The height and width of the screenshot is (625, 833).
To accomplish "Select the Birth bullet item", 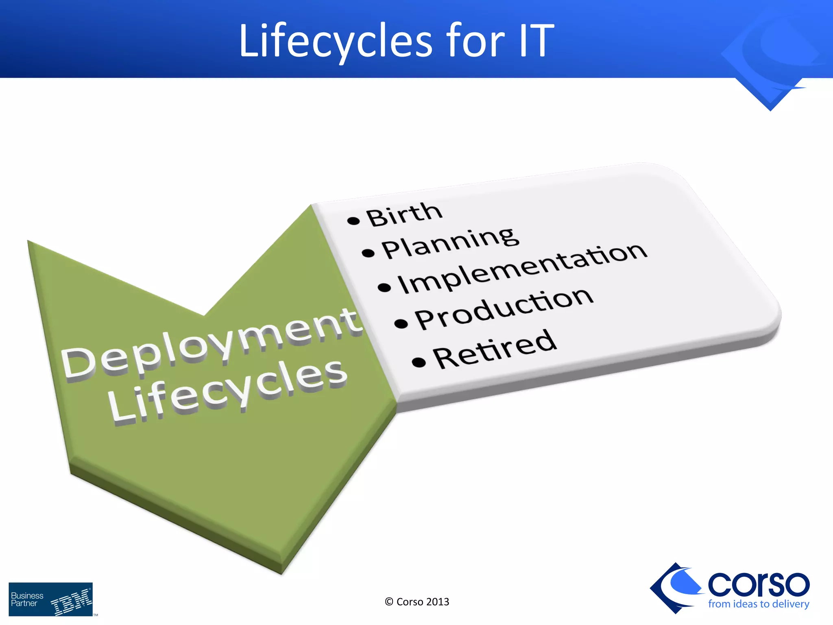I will click(403, 214).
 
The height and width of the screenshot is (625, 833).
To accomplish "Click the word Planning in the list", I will click(450, 243).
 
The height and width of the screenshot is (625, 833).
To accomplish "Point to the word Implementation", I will click(522, 269).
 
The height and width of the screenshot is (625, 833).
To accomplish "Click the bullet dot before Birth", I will click(353, 221).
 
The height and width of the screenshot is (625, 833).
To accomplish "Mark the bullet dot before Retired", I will click(419, 362).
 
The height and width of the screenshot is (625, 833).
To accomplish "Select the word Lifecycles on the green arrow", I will click(228, 391).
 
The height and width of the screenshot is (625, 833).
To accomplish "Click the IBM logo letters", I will click(72, 601).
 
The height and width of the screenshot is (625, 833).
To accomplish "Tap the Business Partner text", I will click(27, 599).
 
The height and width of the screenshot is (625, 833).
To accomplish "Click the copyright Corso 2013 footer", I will click(417, 602).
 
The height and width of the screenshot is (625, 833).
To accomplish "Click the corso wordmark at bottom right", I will click(758, 584).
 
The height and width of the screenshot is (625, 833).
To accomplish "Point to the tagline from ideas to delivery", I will click(758, 604).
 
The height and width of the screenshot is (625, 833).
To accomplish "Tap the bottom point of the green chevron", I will click(282, 572).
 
